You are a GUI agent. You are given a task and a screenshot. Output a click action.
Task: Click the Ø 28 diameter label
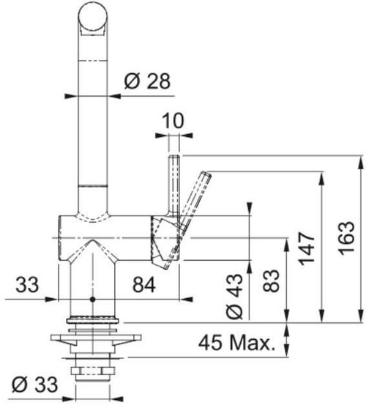147,81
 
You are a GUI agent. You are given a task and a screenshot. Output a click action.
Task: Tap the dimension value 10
173,120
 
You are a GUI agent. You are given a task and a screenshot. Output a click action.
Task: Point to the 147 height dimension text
307,248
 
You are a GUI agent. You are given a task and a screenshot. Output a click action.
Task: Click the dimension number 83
271,281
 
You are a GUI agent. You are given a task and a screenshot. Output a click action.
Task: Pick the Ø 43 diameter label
234,296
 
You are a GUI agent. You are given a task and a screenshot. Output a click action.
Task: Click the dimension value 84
144,285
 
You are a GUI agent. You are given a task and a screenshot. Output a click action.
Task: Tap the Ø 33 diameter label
34,385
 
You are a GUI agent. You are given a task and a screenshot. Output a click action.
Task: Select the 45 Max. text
237,343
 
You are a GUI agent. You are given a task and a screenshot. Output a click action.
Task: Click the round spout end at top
92,16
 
